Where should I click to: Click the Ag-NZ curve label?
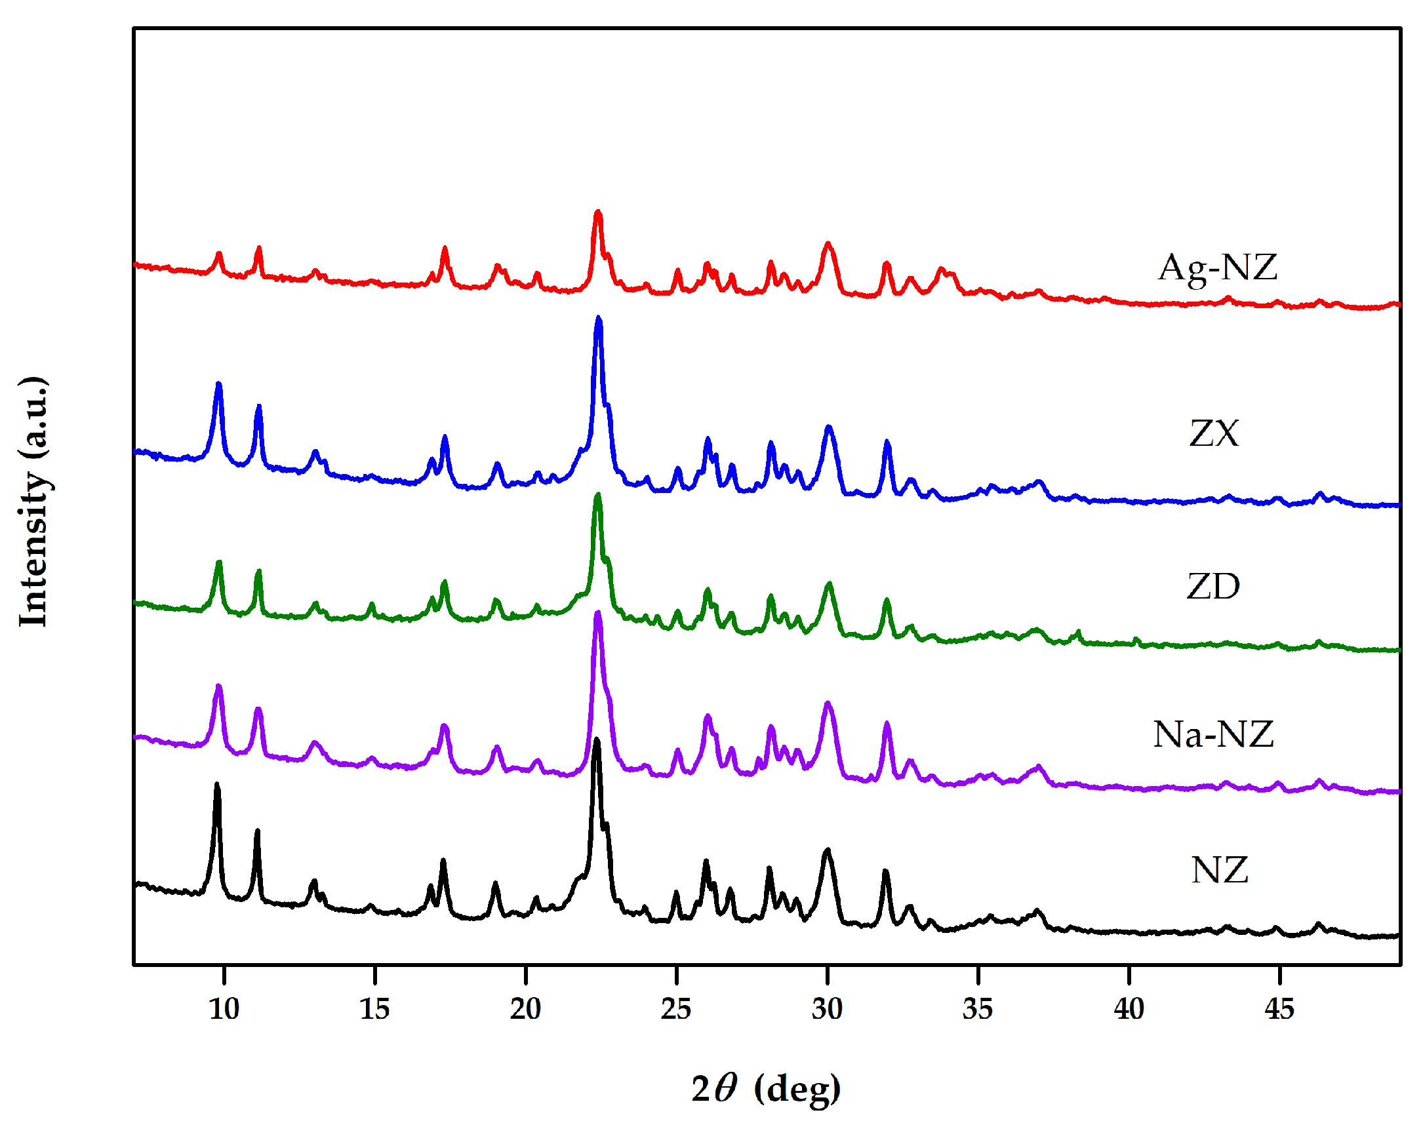tap(1218, 268)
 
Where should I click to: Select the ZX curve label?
tap(1214, 433)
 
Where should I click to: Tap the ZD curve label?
tap(1213, 586)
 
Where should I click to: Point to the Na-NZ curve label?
tap(1213, 734)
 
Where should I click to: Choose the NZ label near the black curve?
tap(1220, 870)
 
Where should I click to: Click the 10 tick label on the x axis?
tap(224, 1008)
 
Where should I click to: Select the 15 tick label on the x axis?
tap(374, 1008)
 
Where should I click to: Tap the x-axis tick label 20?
tap(525, 1008)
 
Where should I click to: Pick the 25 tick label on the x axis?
tap(676, 1008)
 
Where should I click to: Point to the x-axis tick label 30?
tap(827, 1008)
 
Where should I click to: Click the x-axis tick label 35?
tap(977, 1008)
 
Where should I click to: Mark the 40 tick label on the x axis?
tap(1129, 1008)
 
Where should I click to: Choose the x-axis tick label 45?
tap(1279, 1008)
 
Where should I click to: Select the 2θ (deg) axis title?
tap(765, 1088)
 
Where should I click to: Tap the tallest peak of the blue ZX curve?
tap(598, 319)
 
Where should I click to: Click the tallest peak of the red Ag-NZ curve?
tap(597, 213)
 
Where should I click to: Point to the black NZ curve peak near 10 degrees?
tap(217, 785)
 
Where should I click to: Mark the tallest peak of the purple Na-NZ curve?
tap(597, 614)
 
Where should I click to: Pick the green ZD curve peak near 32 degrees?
tap(887, 601)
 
